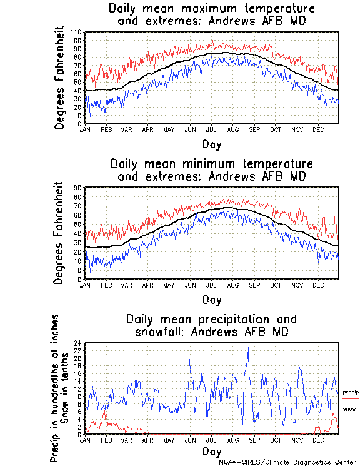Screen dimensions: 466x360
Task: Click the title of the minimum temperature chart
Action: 211,170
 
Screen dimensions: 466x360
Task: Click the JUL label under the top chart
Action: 211,129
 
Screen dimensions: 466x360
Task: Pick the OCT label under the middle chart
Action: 276,285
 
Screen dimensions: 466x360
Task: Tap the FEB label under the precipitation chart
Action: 106,440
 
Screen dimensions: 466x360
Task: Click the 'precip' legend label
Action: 351,392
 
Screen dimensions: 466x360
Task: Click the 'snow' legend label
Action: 349,408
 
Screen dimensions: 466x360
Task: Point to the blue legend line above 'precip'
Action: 351,382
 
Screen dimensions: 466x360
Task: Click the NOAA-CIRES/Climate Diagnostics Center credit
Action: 288,462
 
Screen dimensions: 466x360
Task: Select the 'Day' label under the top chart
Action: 211,144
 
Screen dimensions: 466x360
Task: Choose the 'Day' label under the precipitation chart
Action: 211,451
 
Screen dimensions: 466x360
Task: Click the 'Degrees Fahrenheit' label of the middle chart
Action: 60,233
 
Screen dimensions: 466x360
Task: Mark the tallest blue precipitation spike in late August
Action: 248,348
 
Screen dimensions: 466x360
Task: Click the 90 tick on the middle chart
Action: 78,187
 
